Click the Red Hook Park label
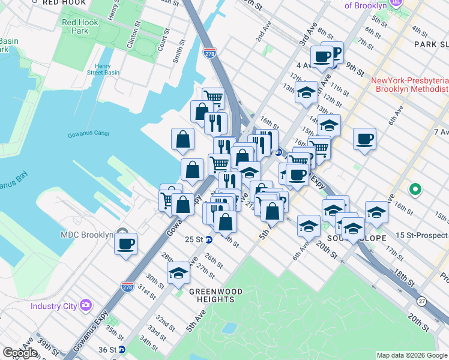pyautogui.click(x=75, y=27)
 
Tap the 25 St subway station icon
pyautogui.click(x=209, y=240)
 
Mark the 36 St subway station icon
pyautogui.click(x=122, y=349)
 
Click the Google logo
pyautogui.click(x=20, y=353)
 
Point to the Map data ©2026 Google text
pyautogui.click(x=411, y=355)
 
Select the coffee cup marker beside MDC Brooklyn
pyautogui.click(x=125, y=244)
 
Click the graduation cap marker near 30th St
pyautogui.click(x=178, y=274)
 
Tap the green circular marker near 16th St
pyautogui.click(x=414, y=190)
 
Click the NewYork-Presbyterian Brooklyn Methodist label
pyautogui.click(x=411, y=85)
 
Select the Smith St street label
pyautogui.click(x=176, y=52)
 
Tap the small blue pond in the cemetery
pyautogui.click(x=228, y=328)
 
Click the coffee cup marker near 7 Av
pyautogui.click(x=364, y=140)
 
